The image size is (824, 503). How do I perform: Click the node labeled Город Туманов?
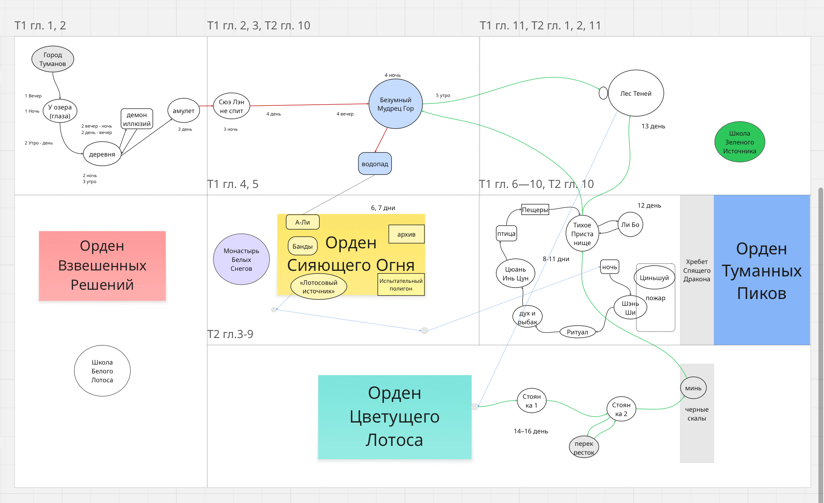53,59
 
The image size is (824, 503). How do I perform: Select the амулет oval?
183,111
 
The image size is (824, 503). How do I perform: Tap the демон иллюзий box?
137,119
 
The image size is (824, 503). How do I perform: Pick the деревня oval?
102,154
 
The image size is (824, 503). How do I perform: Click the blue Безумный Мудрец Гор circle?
396,104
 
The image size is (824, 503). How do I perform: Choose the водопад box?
375,164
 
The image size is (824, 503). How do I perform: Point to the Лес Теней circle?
636,93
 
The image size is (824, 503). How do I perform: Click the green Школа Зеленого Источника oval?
740,142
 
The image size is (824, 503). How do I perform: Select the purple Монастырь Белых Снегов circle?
241,260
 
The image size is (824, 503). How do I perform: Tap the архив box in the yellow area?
406,234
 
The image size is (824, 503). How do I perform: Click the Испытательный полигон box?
401,284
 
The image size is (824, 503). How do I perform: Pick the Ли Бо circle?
630,225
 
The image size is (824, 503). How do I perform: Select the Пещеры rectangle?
535,210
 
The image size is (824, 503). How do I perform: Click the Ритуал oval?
577,332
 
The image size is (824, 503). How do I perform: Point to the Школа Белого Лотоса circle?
102,371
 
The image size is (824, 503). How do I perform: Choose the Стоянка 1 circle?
531,401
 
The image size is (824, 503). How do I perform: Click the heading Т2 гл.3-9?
230,334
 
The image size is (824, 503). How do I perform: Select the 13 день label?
653,126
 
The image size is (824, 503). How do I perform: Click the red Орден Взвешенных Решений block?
102,266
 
